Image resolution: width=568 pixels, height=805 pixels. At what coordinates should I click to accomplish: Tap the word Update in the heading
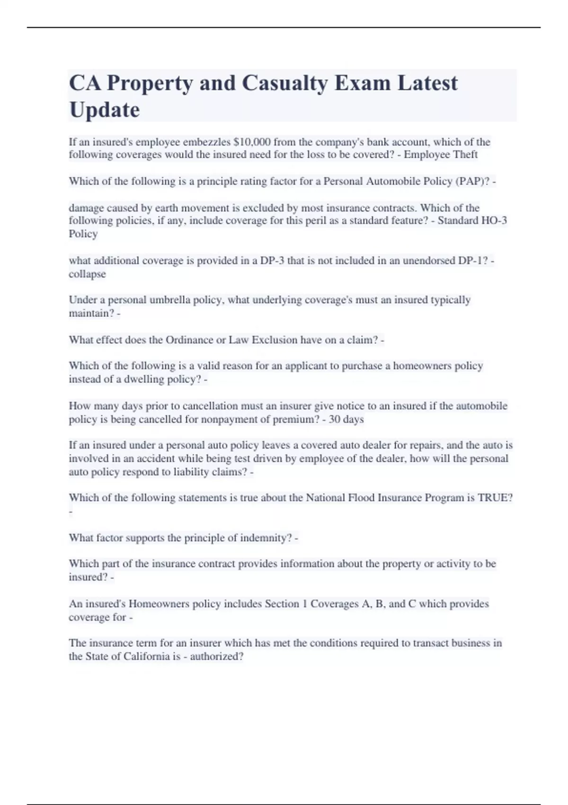[105, 110]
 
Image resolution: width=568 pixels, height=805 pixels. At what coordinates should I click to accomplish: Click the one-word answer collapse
[87, 274]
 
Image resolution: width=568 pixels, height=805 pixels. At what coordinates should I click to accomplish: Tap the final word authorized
[216, 657]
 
